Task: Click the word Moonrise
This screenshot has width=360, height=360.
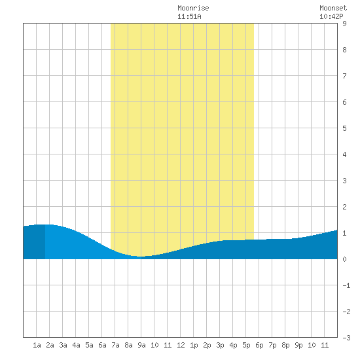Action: [x=193, y=8]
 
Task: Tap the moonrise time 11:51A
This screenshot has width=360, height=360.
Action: [x=189, y=16]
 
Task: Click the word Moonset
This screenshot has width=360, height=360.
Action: [x=333, y=8]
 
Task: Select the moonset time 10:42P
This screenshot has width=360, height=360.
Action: [x=331, y=16]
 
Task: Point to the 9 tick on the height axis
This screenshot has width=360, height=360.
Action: [x=344, y=24]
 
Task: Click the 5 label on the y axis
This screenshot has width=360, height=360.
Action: [x=344, y=128]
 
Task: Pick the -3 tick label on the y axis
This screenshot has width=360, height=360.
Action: [x=346, y=338]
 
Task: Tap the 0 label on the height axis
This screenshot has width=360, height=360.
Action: [x=344, y=259]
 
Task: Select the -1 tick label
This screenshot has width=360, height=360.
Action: [x=346, y=285]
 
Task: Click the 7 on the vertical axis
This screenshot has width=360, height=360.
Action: [x=344, y=76]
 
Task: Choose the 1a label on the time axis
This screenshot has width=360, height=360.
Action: [x=37, y=345]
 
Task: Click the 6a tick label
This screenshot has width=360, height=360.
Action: [x=102, y=345]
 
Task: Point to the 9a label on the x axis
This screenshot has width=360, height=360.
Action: [x=141, y=345]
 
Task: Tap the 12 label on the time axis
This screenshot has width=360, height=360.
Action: [x=181, y=345]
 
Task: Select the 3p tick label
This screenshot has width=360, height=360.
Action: [x=220, y=345]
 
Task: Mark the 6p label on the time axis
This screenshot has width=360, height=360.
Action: [x=259, y=345]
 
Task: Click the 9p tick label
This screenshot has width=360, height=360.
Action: [x=298, y=345]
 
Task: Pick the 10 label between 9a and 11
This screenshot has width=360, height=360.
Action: [x=154, y=345]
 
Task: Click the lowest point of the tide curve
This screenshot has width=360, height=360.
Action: [x=141, y=257]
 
